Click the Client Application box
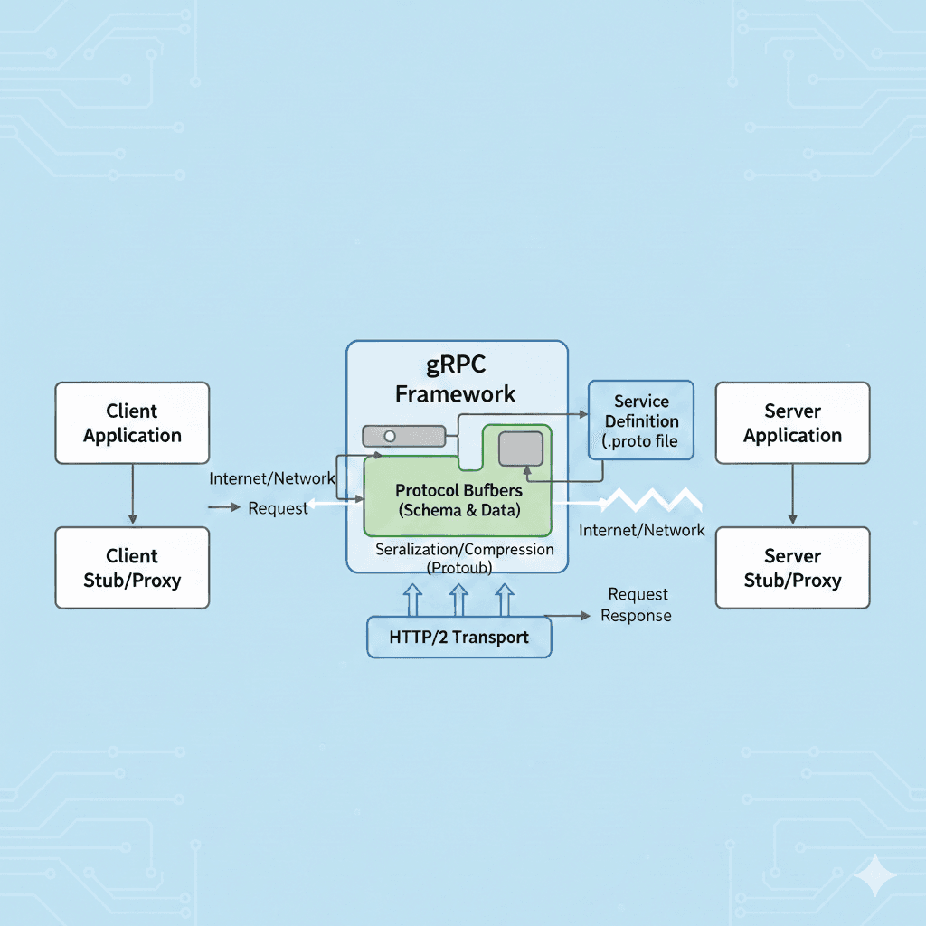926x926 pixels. (x=132, y=423)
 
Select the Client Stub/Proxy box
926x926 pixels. (x=132, y=568)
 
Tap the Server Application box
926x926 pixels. (x=792, y=423)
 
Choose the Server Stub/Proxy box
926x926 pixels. (x=792, y=568)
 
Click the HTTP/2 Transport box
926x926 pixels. (x=458, y=637)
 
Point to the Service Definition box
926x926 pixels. (x=641, y=420)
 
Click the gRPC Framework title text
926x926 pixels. (x=457, y=380)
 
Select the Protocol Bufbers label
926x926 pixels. (x=458, y=491)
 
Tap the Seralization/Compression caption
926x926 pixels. (x=464, y=549)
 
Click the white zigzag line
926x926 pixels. (x=653, y=500)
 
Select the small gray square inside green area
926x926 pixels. (x=520, y=449)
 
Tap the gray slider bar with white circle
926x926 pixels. (x=403, y=436)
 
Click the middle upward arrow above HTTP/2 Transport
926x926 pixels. (x=458, y=599)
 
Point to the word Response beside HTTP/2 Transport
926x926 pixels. (x=637, y=616)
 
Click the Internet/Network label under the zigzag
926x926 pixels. (x=641, y=530)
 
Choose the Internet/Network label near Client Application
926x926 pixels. (x=272, y=478)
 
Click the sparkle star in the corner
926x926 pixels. (x=876, y=876)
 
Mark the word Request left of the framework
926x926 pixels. (x=278, y=508)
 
